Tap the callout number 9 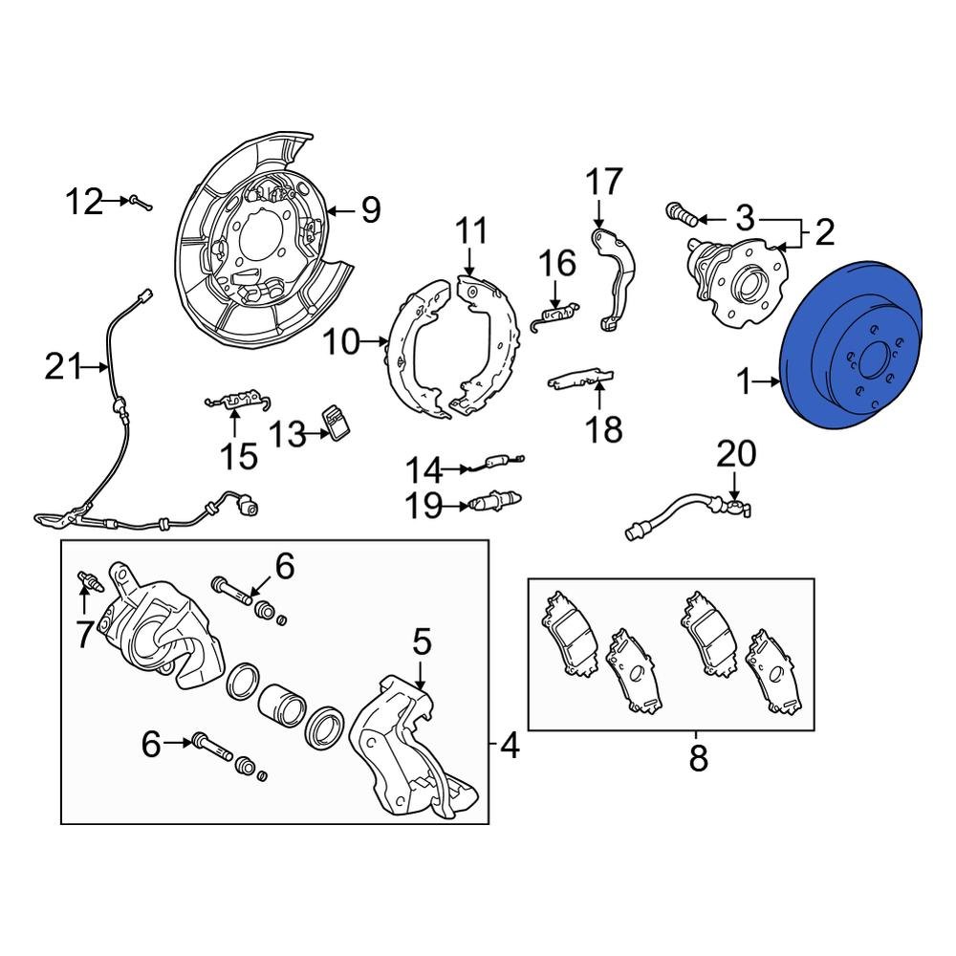(370, 209)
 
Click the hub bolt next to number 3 (680, 212)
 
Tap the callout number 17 (603, 181)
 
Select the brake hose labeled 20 (684, 511)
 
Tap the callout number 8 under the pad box (698, 759)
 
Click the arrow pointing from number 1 (768, 383)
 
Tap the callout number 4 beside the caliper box (510, 744)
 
